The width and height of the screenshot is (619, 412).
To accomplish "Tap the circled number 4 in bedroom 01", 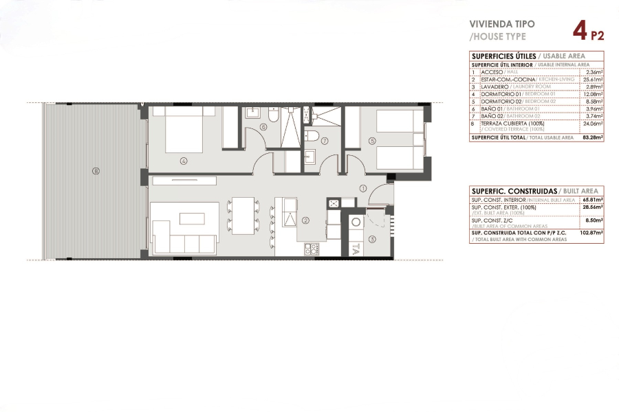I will pyautogui.click(x=184, y=162).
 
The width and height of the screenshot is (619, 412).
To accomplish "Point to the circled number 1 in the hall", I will pyautogui.click(x=362, y=188).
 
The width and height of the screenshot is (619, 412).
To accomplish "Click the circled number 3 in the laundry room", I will pyautogui.click(x=371, y=239).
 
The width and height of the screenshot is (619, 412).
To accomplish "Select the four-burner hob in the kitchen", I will pyautogui.click(x=312, y=249).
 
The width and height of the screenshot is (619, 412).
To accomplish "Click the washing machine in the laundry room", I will pyautogui.click(x=356, y=222).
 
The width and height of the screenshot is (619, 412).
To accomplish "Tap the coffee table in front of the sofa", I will pyautogui.click(x=188, y=218).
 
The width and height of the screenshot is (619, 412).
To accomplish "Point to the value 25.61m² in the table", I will pyautogui.click(x=592, y=80).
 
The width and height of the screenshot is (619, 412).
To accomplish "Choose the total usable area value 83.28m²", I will pyautogui.click(x=591, y=137).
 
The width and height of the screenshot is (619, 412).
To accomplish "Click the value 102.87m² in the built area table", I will pyautogui.click(x=591, y=233).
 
